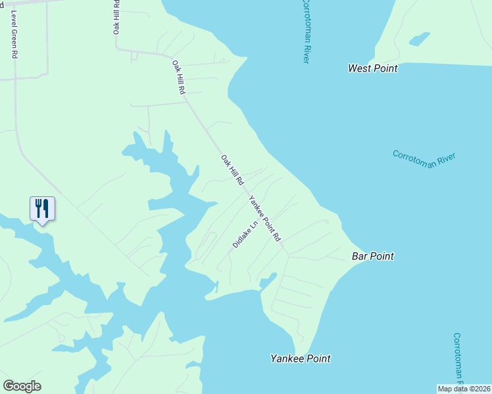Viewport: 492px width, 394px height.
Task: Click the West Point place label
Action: click(x=372, y=68)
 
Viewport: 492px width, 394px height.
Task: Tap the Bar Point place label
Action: click(x=372, y=256)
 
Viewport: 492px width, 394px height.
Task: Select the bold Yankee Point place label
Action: click(x=301, y=359)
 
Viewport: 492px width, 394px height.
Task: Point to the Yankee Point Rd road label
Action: click(x=265, y=219)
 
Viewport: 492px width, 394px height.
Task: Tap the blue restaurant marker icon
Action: click(x=42, y=209)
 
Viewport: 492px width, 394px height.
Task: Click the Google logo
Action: click(x=22, y=386)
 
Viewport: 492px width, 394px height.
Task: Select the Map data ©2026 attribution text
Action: click(x=464, y=389)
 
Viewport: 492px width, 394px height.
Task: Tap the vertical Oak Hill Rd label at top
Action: click(x=116, y=16)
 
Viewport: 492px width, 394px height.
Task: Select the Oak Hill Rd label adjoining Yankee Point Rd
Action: click(x=232, y=169)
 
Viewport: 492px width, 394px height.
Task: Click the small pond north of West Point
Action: click(x=419, y=39)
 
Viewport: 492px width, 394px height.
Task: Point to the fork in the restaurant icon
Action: click(x=38, y=208)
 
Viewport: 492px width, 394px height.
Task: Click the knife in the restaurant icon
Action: click(x=46, y=208)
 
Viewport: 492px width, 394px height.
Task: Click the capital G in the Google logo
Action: click(x=8, y=386)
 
